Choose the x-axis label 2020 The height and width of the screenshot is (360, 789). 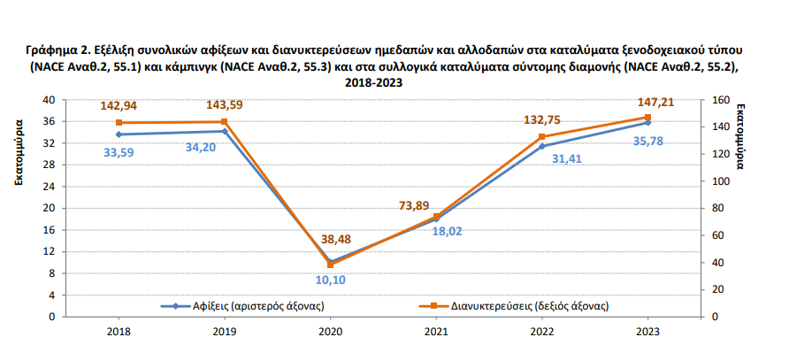[x=329, y=333]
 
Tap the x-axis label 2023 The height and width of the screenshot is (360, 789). [x=647, y=333]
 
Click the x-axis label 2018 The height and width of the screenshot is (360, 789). [x=119, y=333]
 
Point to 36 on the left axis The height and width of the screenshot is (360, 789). [x=50, y=122]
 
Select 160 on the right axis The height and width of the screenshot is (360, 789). [x=720, y=100]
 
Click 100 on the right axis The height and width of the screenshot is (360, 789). [x=720, y=181]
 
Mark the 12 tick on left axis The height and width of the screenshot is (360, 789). [x=50, y=251]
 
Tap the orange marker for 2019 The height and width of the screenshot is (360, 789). [x=225, y=122]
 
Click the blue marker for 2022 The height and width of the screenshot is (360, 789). [x=541, y=146]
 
